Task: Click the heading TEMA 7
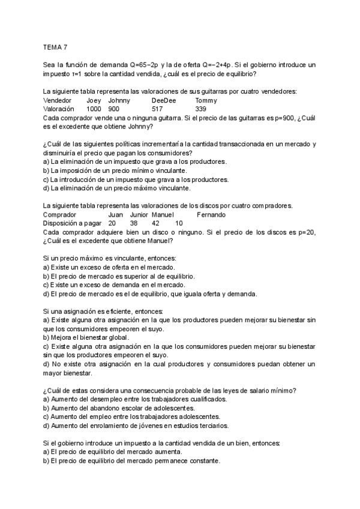coord(56,46)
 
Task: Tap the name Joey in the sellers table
coord(94,100)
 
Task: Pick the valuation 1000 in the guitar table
coord(94,109)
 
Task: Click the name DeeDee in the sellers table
coord(164,100)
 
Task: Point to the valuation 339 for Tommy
coord(201,109)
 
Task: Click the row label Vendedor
coord(58,100)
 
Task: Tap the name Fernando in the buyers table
coord(211,214)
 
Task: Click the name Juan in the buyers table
coord(116,214)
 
